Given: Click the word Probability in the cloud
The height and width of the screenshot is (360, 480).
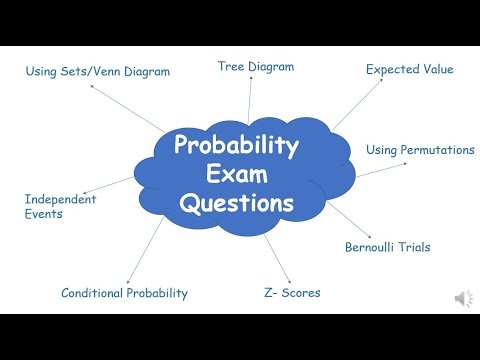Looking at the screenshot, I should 237,146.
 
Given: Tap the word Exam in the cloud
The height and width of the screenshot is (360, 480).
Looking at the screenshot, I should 237,175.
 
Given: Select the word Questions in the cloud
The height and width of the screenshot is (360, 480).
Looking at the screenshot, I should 237,204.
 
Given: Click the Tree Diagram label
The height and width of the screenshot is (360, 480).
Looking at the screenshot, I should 256,67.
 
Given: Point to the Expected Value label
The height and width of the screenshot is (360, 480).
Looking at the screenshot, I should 409,70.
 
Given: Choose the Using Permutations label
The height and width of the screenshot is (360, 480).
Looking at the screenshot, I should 420,150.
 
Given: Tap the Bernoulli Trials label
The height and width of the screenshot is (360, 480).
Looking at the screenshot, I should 387,247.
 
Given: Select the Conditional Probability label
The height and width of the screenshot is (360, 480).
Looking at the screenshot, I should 124,293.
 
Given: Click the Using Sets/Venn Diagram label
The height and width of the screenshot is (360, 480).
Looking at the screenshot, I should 98,71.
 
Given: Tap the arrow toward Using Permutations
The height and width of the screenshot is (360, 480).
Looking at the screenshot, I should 376,169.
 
